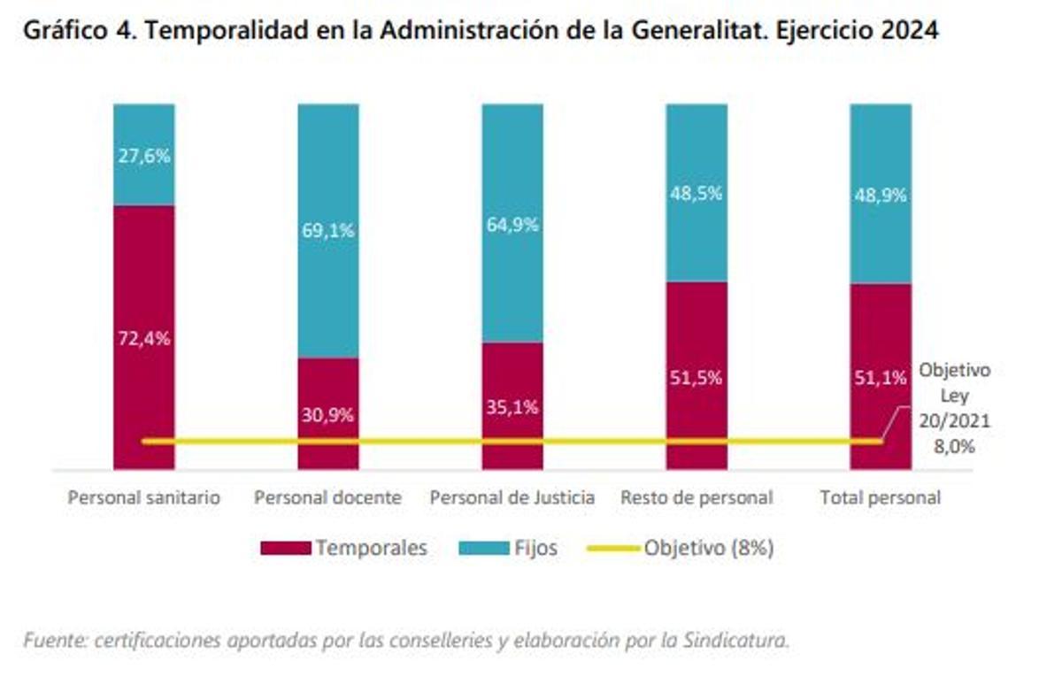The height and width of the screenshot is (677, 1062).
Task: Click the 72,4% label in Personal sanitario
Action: pos(144,337)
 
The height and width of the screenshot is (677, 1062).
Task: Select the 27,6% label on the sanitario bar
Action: pos(144,156)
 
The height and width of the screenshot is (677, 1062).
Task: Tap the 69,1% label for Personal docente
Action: pos(328,230)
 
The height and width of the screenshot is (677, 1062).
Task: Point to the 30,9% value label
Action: pos(328,413)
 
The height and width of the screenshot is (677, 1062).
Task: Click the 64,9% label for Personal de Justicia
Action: pos(512,224)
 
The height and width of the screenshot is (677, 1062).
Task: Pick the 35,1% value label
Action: pos(512,408)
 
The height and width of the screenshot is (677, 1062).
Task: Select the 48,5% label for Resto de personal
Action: pos(696,193)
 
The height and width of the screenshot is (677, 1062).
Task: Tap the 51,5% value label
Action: pos(696,377)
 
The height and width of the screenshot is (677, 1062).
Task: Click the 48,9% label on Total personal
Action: pos(881,196)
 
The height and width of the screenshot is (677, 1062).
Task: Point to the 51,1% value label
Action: pos(881,379)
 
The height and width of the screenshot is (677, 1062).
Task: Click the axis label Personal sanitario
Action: pos(144,497)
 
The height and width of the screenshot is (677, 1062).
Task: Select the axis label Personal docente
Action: pos(327,497)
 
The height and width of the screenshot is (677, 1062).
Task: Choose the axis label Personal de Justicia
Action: pos(512,497)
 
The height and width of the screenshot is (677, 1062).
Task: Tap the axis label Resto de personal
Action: pos(696,497)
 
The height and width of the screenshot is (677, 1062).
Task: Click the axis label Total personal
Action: pos(881,497)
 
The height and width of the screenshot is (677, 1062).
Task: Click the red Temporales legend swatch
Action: pos(286,549)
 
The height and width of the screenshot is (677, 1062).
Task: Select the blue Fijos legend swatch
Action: pos(483,549)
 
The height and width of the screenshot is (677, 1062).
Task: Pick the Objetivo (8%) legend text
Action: pos(709,549)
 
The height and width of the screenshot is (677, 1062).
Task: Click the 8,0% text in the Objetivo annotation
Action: pos(955,447)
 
